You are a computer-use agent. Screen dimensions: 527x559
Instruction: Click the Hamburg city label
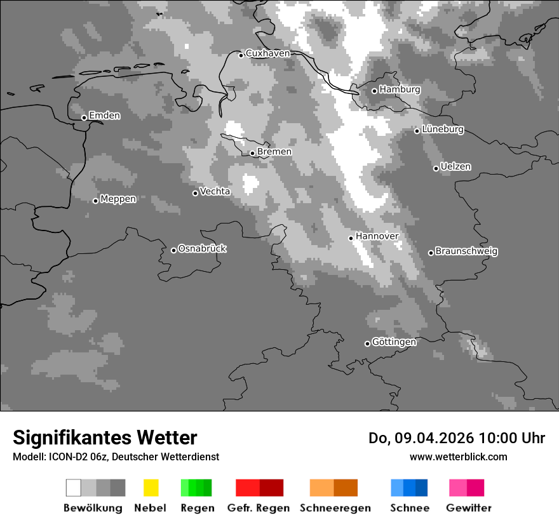400,90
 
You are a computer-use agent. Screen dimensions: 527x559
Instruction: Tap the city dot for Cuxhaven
241,55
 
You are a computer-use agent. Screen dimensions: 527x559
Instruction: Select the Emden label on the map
104,116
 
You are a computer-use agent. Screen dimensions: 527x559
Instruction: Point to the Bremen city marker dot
252,153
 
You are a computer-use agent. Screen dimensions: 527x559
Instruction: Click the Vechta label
215,191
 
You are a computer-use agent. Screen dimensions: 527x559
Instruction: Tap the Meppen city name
118,199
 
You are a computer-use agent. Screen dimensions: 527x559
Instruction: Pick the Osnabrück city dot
173,250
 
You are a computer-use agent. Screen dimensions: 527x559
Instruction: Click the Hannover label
377,236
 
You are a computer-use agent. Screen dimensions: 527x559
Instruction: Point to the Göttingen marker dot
367,344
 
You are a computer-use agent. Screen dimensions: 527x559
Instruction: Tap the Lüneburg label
443,130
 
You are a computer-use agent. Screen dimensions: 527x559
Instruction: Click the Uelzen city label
455,166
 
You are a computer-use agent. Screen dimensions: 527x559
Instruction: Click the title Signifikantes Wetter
105,437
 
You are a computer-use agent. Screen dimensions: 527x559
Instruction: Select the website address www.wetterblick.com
458,457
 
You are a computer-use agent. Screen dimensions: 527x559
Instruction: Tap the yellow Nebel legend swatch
151,488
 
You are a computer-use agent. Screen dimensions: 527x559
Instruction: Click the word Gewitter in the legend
468,508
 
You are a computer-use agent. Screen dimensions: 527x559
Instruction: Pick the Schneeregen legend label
335,508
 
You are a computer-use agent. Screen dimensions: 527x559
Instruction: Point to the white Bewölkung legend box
73,488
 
